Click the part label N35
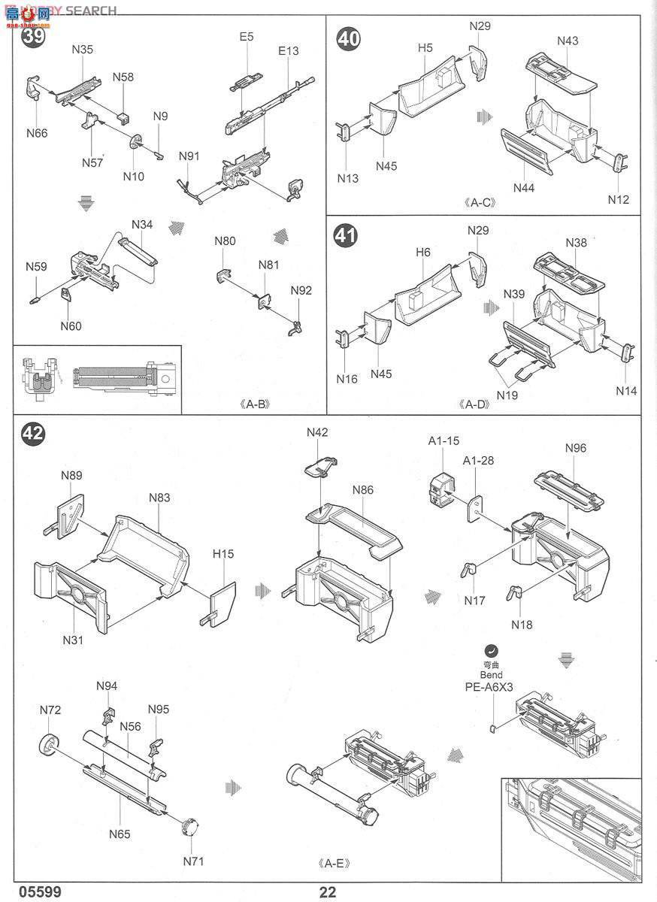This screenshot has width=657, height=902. click(83, 50)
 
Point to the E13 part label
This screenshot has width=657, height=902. click(288, 51)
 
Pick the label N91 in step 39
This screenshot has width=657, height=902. click(189, 156)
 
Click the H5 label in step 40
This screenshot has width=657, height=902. click(425, 48)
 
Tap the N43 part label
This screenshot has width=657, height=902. click(568, 41)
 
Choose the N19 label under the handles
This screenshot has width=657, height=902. click(507, 395)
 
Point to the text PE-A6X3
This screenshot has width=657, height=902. click(492, 686)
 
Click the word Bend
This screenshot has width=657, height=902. click(492, 675)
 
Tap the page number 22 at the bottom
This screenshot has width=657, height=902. click(328, 892)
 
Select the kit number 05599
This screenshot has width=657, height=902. click(23, 892)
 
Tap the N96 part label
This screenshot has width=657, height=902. click(575, 448)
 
